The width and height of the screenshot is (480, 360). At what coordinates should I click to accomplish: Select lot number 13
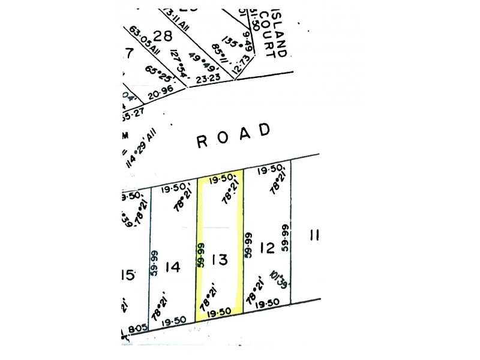[220, 260]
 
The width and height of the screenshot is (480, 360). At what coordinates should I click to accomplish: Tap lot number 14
[172, 267]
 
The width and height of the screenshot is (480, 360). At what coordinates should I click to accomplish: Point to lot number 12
[267, 247]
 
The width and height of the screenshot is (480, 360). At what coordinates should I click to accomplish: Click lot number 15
[127, 275]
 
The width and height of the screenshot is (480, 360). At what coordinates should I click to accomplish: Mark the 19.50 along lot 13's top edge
[221, 179]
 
